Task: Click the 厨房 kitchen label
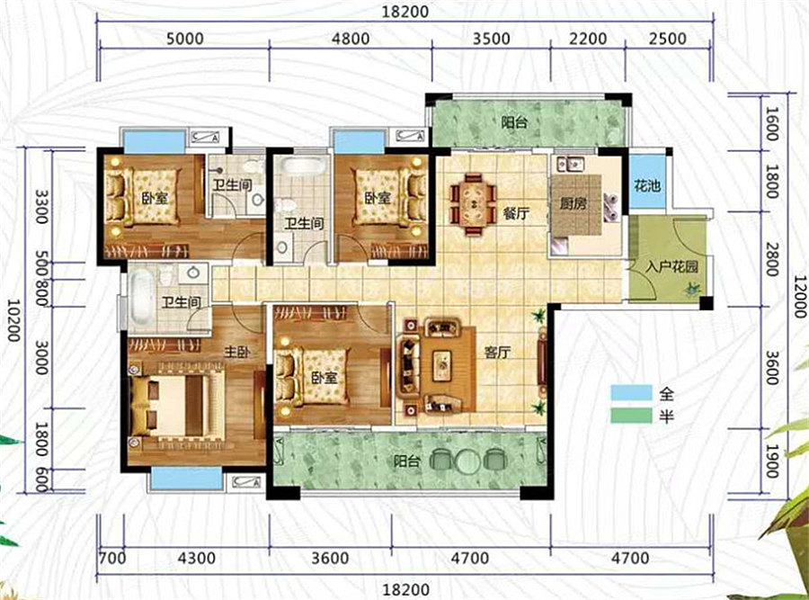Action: [x=573, y=203]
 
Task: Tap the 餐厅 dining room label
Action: [x=516, y=212]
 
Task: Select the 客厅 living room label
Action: [x=497, y=353]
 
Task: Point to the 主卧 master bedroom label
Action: [x=236, y=352]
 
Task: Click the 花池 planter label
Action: [x=647, y=184]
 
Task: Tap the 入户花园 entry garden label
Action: [x=672, y=266]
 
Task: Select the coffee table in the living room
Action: [x=441, y=365]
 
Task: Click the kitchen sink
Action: [x=570, y=164]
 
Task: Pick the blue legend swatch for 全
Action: [x=631, y=393]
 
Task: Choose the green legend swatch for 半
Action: [x=631, y=416]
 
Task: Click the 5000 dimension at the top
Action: [x=184, y=39]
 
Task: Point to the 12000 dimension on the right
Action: [x=799, y=296]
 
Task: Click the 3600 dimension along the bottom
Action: [x=330, y=559]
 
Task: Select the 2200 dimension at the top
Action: [x=588, y=39]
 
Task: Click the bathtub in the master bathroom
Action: [x=141, y=295]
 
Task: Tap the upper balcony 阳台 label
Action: [x=515, y=123]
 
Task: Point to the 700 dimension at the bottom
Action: [x=112, y=559]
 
